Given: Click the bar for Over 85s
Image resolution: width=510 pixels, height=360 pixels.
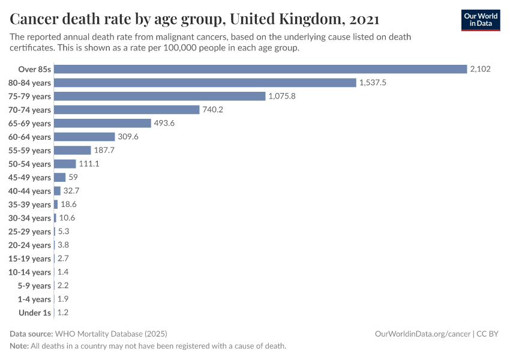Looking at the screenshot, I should [260, 69].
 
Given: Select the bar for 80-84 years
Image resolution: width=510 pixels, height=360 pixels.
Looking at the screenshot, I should [205, 83].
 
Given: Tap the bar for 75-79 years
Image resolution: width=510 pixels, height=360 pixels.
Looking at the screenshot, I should [160, 96].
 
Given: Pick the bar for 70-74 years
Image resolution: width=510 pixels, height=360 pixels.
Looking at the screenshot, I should [127, 110].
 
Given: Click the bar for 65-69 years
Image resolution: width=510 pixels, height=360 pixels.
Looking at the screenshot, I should [103, 123].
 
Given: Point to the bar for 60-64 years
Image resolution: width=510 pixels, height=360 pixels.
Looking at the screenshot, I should [85, 137].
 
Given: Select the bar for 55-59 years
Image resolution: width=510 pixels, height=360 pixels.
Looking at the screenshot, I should [73, 150].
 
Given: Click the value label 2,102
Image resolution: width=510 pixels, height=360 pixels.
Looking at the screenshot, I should [481, 69].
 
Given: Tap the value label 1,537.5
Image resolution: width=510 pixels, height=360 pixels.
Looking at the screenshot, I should [373, 83].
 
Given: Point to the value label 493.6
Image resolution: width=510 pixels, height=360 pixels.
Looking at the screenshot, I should [166, 123].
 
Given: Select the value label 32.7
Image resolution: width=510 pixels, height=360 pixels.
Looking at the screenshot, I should [71, 191].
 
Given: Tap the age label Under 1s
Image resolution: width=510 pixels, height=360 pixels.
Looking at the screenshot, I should [35, 313].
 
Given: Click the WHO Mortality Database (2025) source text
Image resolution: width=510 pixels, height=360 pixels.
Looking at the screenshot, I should [111, 334].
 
